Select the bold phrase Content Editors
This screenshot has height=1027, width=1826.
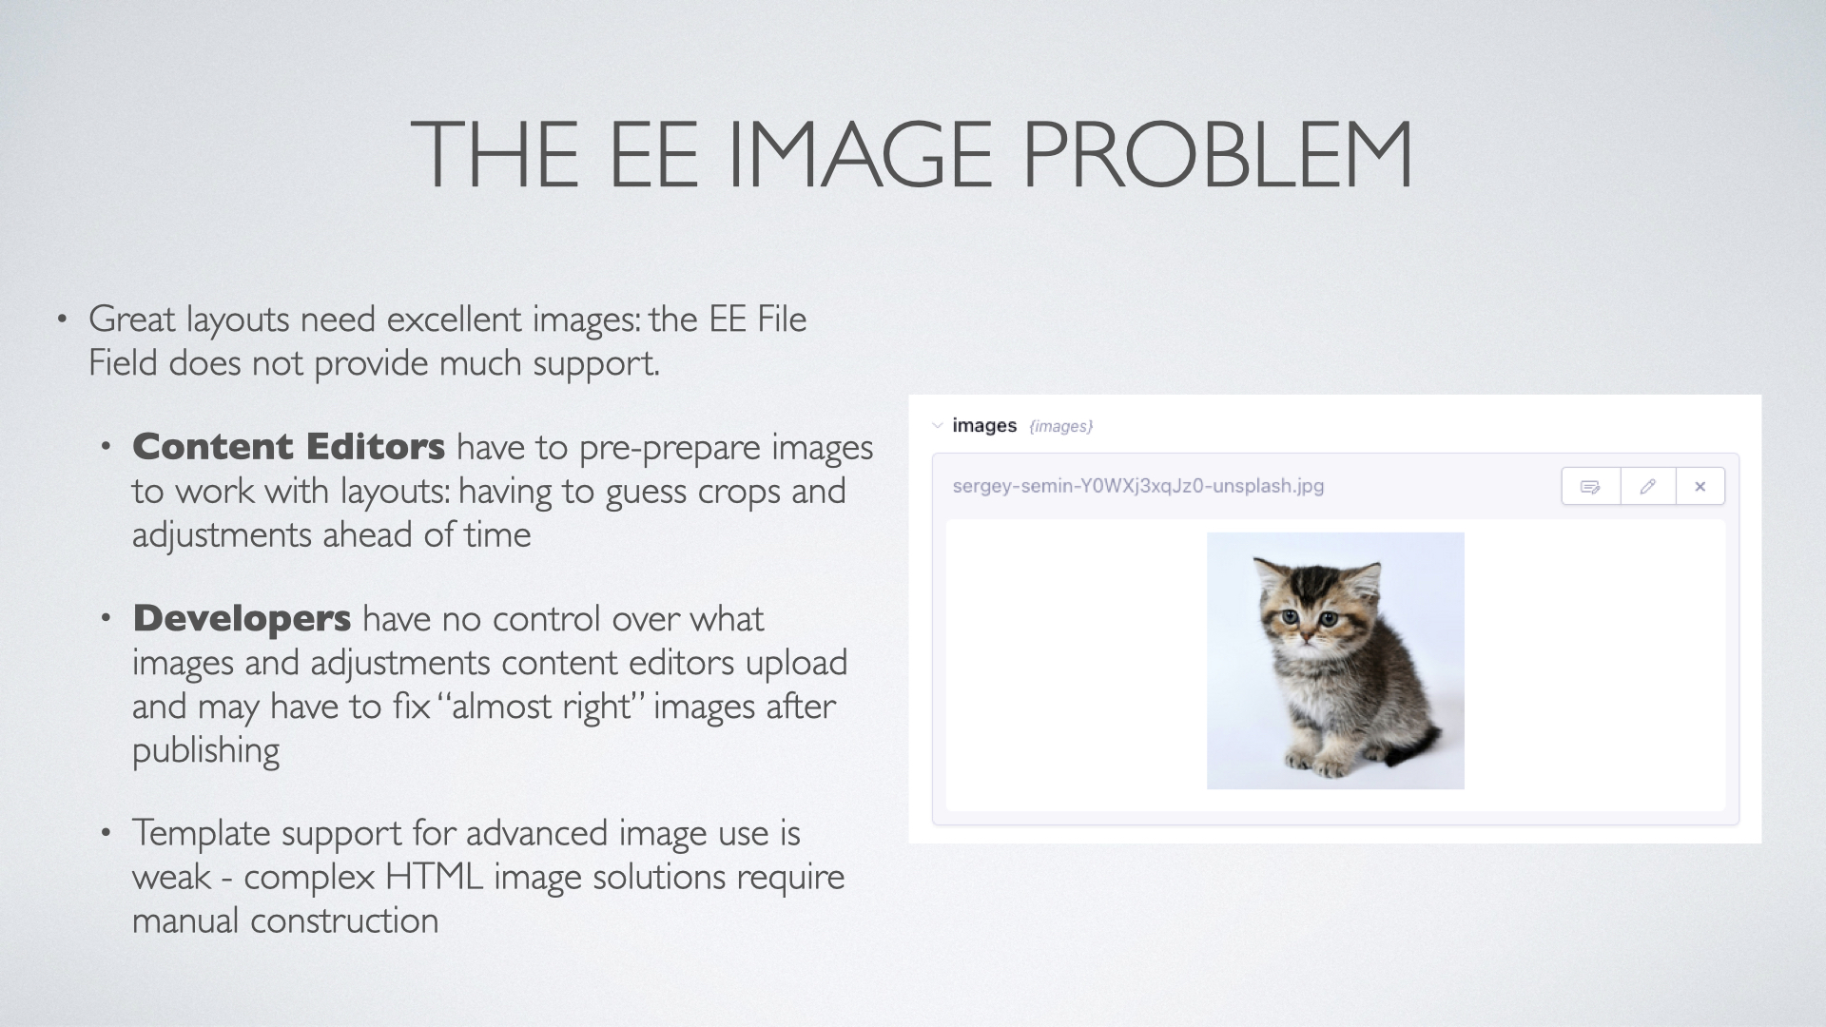[288, 446]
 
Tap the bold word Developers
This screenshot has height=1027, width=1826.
[242, 618]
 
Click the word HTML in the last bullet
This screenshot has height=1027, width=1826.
[434, 876]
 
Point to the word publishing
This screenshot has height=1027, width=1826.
[205, 750]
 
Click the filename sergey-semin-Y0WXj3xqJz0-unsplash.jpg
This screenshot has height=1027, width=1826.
[1138, 486]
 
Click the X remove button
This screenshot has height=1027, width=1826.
[1700, 487]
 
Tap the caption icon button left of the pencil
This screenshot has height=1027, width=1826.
[1590, 487]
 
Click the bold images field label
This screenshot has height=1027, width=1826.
[984, 425]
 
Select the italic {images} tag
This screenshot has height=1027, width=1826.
[1060, 426]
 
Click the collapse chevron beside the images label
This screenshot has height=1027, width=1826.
[937, 425]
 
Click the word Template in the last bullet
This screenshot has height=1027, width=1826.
[202, 833]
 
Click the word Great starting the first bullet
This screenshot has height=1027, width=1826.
[132, 319]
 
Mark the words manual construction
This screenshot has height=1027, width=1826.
[285, 920]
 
